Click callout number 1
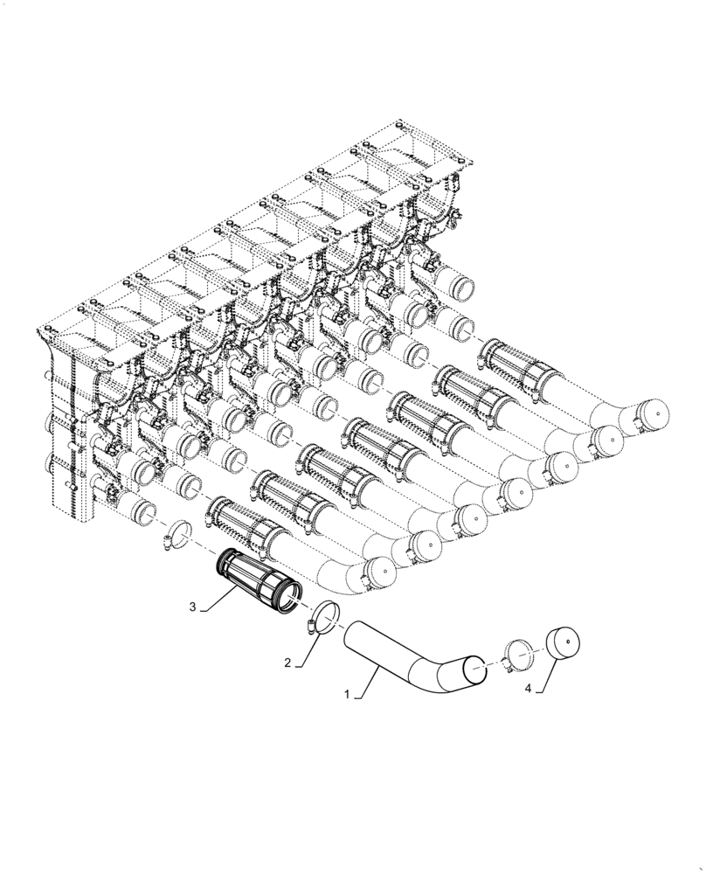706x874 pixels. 347,696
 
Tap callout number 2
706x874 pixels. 287,662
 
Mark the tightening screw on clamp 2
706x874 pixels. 313,625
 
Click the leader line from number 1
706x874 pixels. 365,681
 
